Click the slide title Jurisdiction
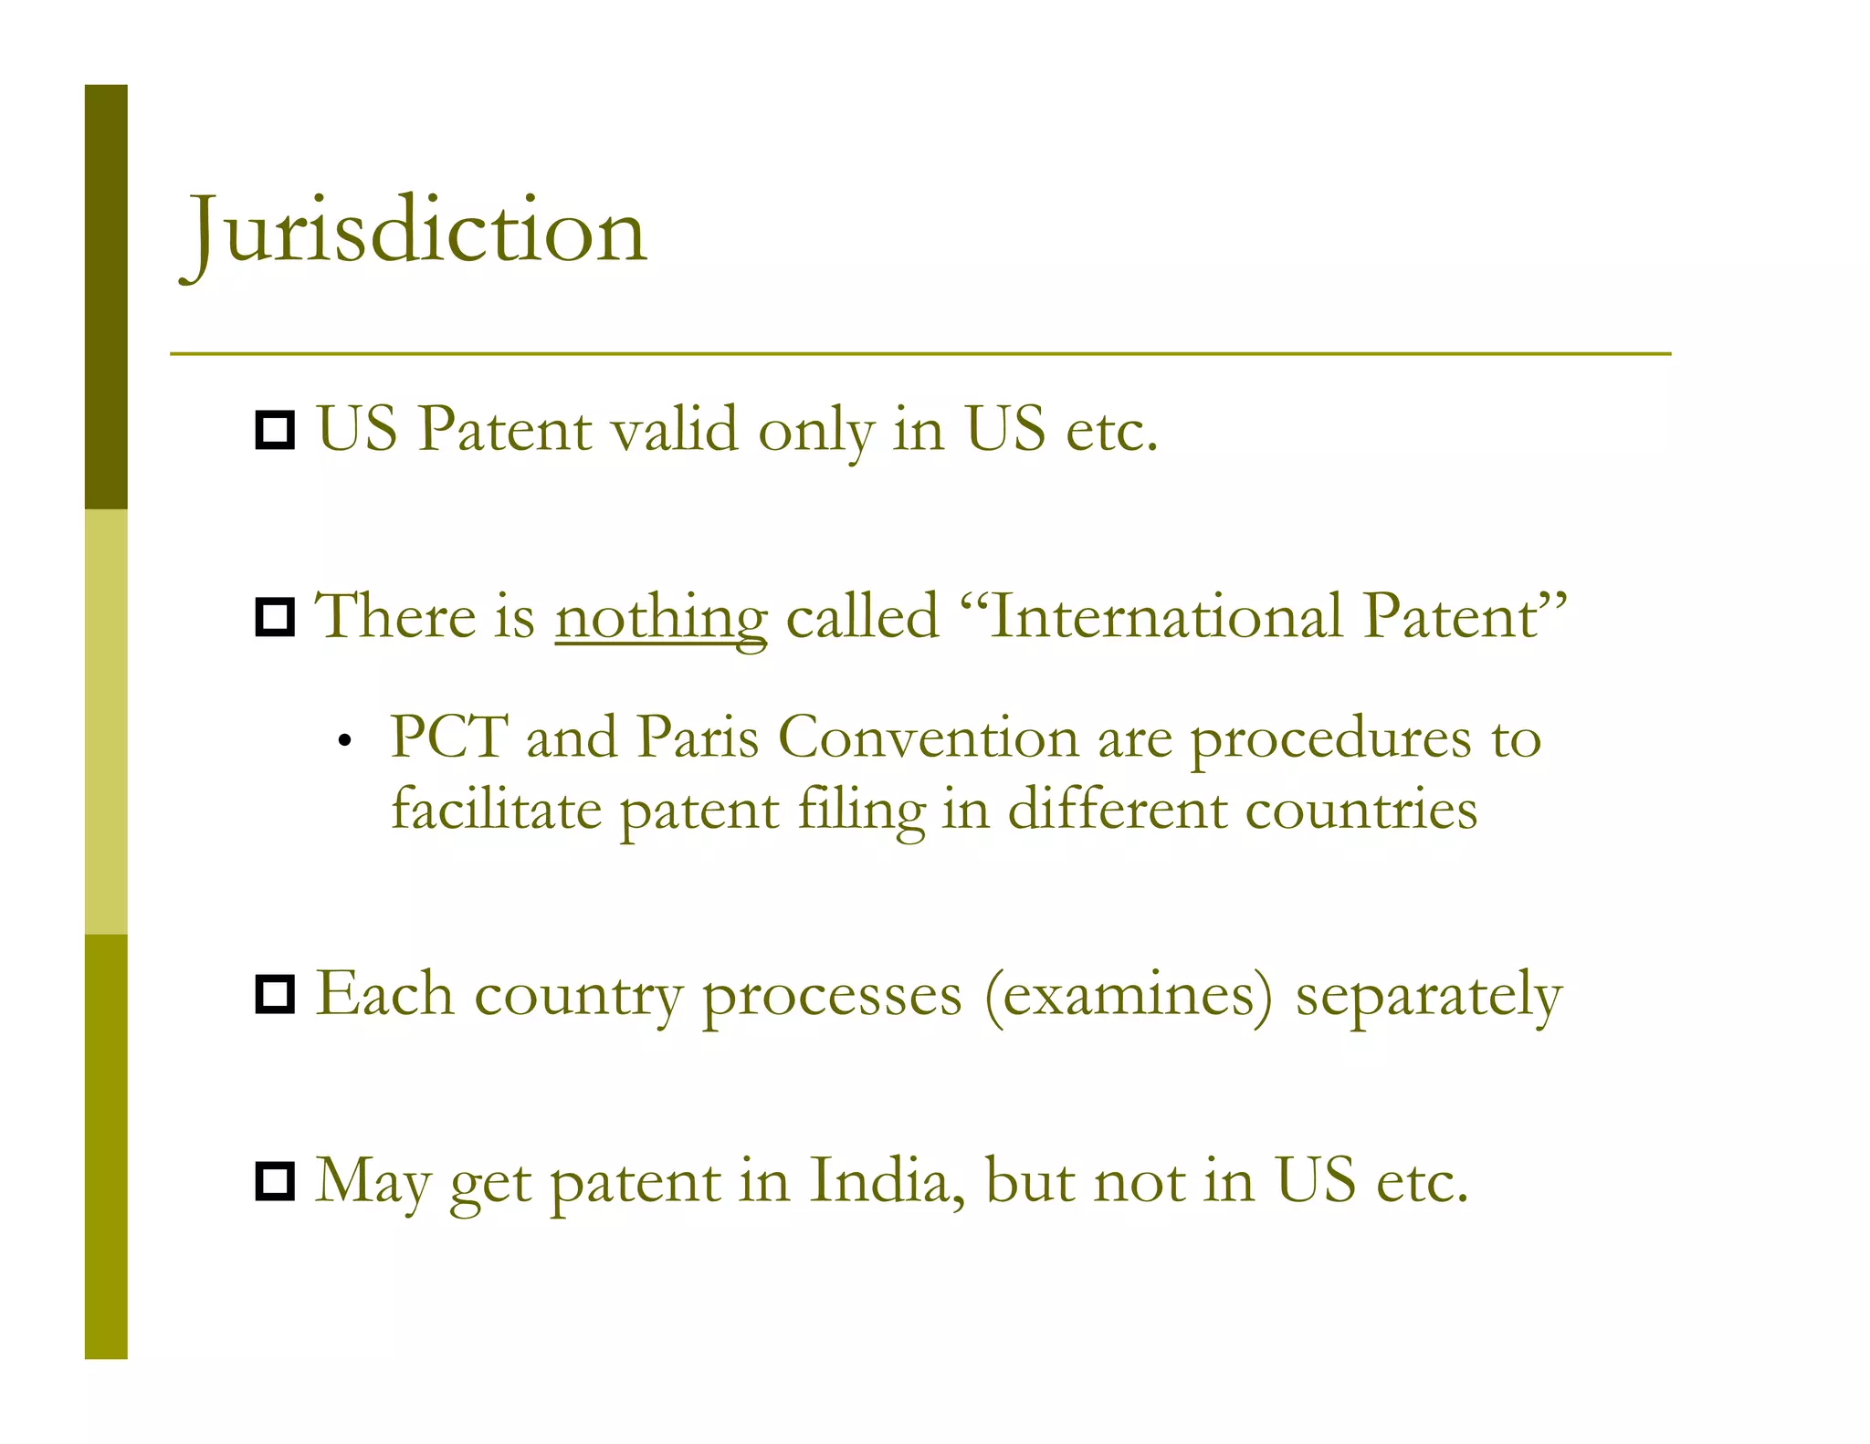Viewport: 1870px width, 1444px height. click(416, 232)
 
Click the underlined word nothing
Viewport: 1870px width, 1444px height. click(661, 616)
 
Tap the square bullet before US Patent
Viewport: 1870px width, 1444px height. click(275, 430)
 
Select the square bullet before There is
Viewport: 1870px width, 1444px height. click(275, 618)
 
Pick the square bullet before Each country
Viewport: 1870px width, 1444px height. click(275, 994)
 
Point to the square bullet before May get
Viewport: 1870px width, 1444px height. click(275, 1181)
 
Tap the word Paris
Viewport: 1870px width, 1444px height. click(698, 737)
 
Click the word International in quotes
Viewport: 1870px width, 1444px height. click(1165, 616)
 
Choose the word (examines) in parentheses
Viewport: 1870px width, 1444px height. click(1129, 994)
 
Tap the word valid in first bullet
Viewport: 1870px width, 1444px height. click(675, 429)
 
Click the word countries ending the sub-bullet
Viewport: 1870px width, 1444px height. click(1360, 810)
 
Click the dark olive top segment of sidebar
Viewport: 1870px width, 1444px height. click(106, 297)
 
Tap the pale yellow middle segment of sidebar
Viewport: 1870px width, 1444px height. click(106, 721)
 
